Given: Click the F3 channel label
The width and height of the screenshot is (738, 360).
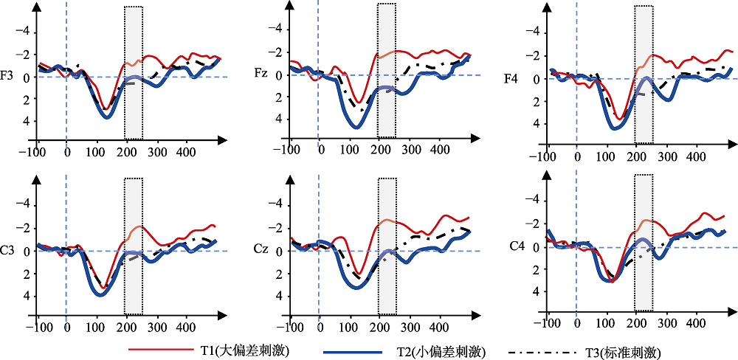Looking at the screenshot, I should pyautogui.click(x=7, y=75).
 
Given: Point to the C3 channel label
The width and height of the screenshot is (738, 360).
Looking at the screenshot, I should pyautogui.click(x=7, y=251).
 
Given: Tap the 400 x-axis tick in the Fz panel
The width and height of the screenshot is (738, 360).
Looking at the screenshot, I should pyautogui.click(x=439, y=150).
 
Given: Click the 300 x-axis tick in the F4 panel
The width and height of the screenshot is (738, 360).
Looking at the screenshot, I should pyautogui.click(x=665, y=156).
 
